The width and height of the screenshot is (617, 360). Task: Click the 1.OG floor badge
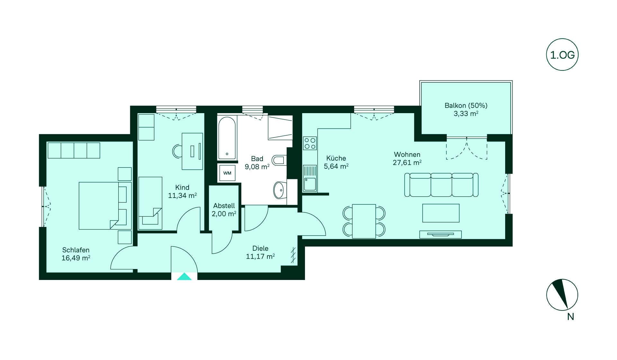(562, 55)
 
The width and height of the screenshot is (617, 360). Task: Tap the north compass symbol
(562, 295)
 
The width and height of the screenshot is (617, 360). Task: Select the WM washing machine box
(227, 173)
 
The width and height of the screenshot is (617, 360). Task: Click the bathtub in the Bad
(227, 138)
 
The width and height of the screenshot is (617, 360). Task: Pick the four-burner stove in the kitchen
(310, 143)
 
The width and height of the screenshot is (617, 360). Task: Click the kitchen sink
(310, 178)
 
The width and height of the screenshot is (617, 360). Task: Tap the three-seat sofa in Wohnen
(441, 184)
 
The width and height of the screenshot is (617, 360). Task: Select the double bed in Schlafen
(105, 206)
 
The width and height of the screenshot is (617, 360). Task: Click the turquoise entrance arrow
(184, 276)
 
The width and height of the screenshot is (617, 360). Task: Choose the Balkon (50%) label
(466, 105)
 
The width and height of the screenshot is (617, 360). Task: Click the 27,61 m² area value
(407, 163)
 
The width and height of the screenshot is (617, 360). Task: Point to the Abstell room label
(224, 206)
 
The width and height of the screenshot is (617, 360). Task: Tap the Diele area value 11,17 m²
(260, 256)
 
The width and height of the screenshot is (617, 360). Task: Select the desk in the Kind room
(192, 151)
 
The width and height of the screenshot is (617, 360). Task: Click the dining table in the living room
(364, 221)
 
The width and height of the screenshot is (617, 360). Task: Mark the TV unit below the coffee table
(440, 234)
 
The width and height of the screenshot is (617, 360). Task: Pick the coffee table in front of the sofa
(441, 213)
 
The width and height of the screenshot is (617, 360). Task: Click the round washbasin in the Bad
(280, 190)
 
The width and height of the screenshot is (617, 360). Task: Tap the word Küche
(336, 158)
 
